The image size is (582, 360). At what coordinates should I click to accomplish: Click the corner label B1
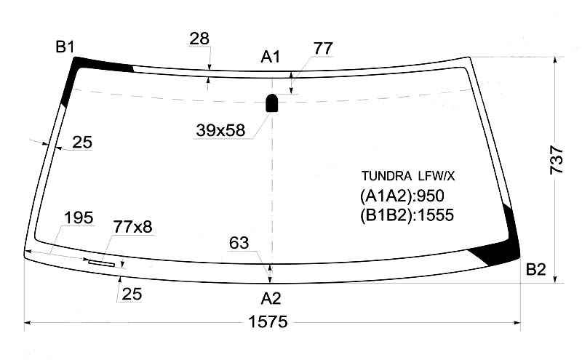point(65,47)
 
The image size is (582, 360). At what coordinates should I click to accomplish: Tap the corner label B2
point(536,269)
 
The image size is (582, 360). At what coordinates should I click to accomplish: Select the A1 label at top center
point(270,57)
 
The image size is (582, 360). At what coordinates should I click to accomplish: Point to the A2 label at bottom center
point(271,298)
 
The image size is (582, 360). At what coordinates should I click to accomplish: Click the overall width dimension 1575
point(268,321)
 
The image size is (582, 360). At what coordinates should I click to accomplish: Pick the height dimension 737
point(557,160)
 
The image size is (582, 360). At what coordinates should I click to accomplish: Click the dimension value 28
point(199,39)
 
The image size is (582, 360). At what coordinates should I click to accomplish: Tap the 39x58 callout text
point(220,130)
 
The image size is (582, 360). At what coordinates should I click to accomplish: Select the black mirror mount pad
point(272,103)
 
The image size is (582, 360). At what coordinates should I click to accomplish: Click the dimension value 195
point(79,218)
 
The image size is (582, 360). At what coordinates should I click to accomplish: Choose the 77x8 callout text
point(132,227)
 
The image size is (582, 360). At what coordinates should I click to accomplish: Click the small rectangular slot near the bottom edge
point(101,263)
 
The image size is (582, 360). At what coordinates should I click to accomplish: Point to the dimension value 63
point(239,243)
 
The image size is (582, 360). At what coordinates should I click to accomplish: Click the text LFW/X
point(436,175)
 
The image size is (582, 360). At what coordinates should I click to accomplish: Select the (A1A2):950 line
point(402,196)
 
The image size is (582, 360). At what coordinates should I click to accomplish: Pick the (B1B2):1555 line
point(407,215)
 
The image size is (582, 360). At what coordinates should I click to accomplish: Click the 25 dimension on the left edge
point(82,143)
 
